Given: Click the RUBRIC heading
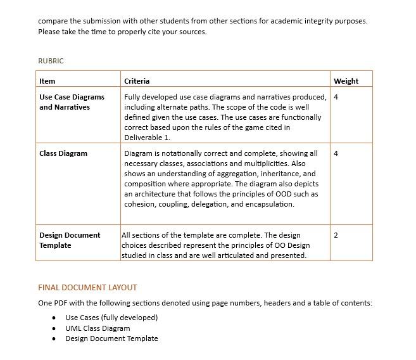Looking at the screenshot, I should [x=51, y=61].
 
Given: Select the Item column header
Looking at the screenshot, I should [x=47, y=81].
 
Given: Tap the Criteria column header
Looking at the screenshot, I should [x=137, y=81].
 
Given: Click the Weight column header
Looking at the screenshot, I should [x=346, y=81].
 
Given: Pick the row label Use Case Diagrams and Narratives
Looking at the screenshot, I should [x=72, y=102].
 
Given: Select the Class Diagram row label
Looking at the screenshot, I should [x=63, y=153].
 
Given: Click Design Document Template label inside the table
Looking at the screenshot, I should [x=70, y=240].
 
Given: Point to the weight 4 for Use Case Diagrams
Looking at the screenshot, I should [x=336, y=97].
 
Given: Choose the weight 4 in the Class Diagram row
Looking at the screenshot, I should [x=336, y=153].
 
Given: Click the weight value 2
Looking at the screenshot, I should [x=336, y=235].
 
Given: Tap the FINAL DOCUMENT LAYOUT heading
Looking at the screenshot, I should [x=87, y=287].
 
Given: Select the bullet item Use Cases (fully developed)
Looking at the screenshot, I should [x=111, y=318].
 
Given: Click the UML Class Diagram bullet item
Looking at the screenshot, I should [x=98, y=328].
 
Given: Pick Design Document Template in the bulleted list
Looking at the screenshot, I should [x=111, y=338].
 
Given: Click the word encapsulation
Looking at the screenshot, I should [x=270, y=204].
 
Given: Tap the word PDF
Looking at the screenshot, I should [x=61, y=303].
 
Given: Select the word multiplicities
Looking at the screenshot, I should [x=266, y=164].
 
